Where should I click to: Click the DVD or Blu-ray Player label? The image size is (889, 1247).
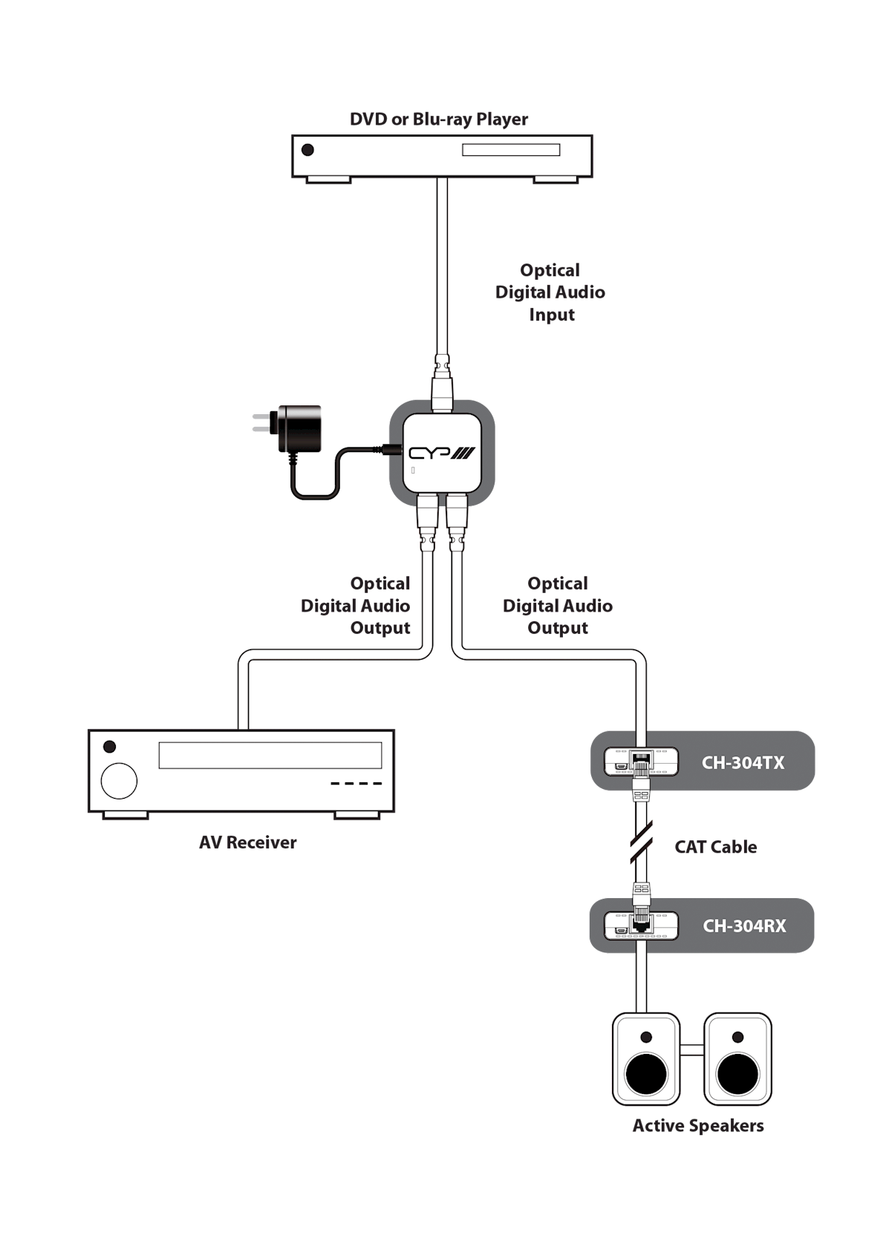[438, 120]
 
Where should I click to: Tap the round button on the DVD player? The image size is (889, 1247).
[307, 150]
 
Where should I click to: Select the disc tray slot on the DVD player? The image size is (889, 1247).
[511, 150]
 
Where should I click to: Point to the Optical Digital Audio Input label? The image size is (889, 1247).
[550, 292]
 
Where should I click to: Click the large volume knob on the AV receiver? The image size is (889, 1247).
[119, 781]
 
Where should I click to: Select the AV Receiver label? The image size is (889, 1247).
[248, 842]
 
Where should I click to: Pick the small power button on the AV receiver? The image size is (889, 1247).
[110, 747]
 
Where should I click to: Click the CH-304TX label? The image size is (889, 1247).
[743, 762]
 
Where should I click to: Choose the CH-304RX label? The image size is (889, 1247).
[744, 926]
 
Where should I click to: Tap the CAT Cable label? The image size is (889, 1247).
[715, 847]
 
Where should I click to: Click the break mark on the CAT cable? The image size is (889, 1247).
[640, 842]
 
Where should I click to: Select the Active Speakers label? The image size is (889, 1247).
[698, 1125]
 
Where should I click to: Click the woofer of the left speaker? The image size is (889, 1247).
[646, 1075]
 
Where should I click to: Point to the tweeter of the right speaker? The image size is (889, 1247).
[737, 1037]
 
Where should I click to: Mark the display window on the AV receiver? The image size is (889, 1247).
[270, 755]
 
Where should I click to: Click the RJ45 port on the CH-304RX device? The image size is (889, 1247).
[640, 925]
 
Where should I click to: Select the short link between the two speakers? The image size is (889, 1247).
[691, 1050]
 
